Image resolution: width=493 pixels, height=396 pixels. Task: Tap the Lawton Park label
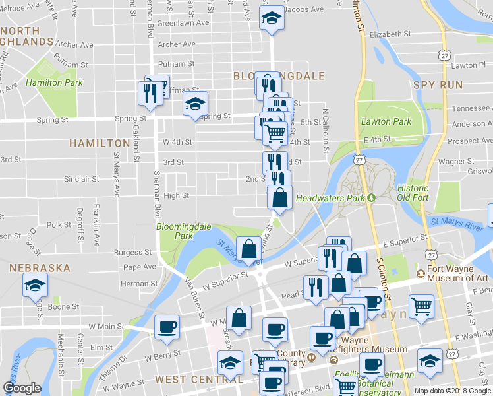(386, 122)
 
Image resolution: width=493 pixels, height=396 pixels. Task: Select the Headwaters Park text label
(330, 198)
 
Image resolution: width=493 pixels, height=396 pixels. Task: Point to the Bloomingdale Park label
(183, 230)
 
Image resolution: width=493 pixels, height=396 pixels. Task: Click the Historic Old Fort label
(413, 193)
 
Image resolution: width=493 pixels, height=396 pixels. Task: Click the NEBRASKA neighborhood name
(40, 268)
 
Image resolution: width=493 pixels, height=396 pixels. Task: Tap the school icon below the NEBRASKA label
(34, 286)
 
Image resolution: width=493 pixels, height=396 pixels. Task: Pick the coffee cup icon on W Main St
(166, 327)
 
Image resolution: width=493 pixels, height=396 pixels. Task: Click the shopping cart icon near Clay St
(421, 306)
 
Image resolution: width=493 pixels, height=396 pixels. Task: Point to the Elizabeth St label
(390, 34)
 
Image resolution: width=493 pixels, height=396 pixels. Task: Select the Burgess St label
(132, 252)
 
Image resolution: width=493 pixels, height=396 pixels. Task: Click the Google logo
(22, 388)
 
